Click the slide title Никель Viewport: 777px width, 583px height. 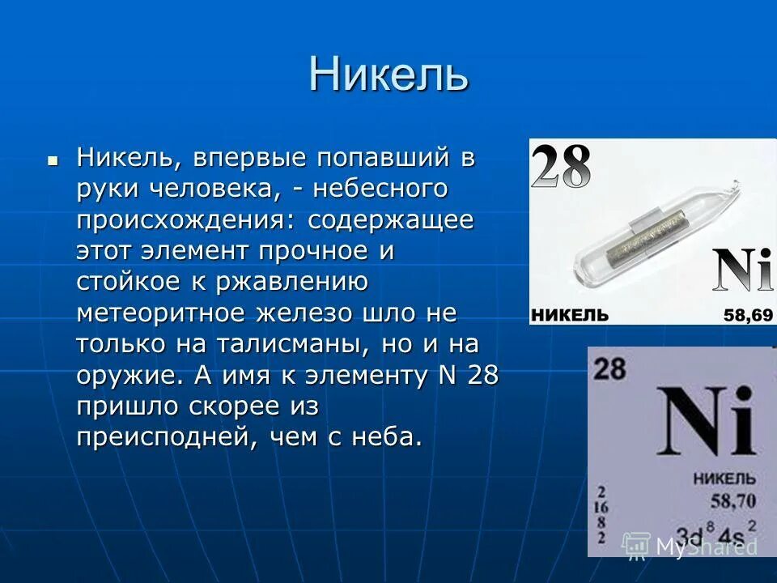[388, 74]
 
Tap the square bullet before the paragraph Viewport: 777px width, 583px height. [53, 160]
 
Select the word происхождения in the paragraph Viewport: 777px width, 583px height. [188, 219]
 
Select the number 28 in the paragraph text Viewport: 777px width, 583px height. [482, 374]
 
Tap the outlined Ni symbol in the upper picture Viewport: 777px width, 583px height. [742, 270]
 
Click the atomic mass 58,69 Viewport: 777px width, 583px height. [748, 314]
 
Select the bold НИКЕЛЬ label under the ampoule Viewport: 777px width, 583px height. [570, 314]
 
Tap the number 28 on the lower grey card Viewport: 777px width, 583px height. [609, 369]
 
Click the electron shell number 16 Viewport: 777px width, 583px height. [601, 507]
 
